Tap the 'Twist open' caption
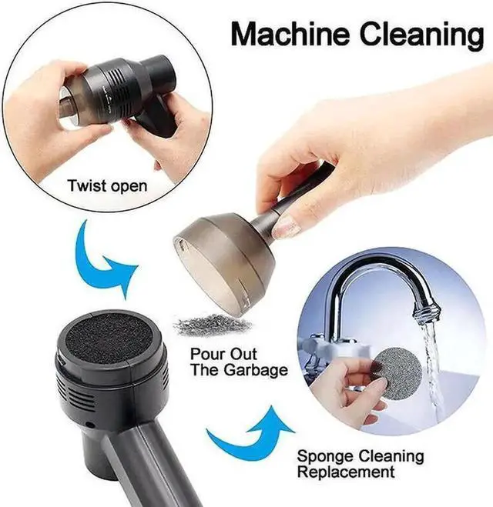pos(107,186)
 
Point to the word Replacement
pos(346,472)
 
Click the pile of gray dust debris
pos(213,325)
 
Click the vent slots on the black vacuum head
pos(77,400)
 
